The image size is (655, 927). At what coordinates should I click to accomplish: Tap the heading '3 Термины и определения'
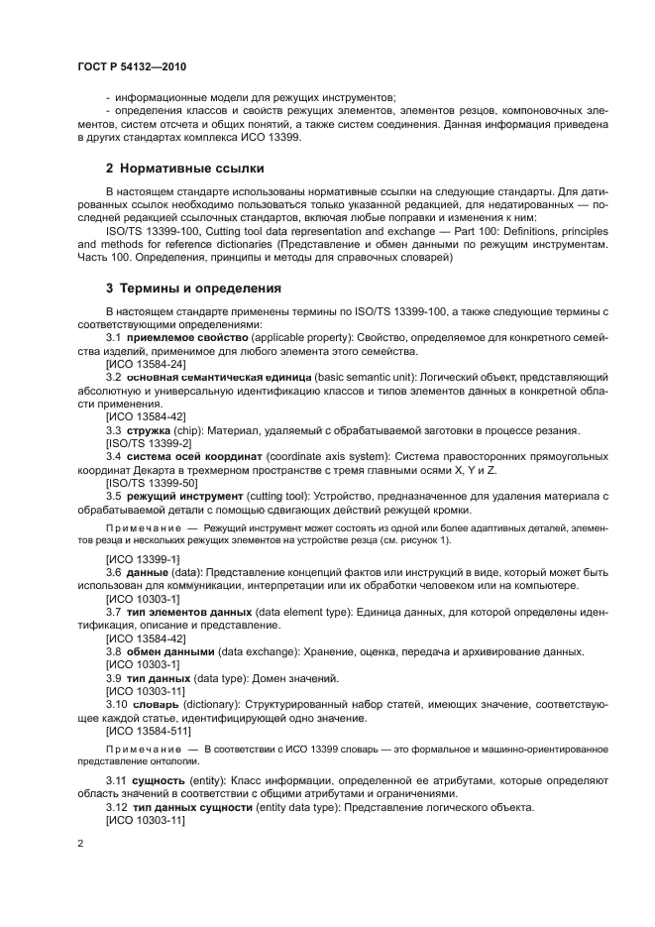click(194, 289)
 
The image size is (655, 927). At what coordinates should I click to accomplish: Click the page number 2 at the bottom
click(80, 843)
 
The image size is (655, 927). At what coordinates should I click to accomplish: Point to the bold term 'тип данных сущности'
click(197, 807)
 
